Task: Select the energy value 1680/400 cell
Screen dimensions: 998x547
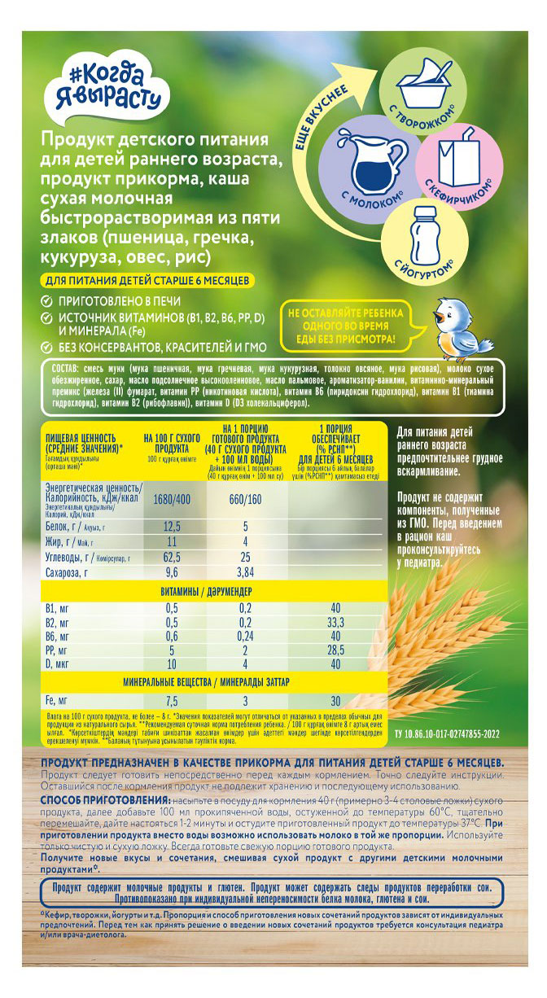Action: point(172,498)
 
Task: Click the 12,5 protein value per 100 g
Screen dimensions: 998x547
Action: point(172,527)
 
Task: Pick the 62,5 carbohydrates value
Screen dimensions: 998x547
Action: point(172,556)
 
